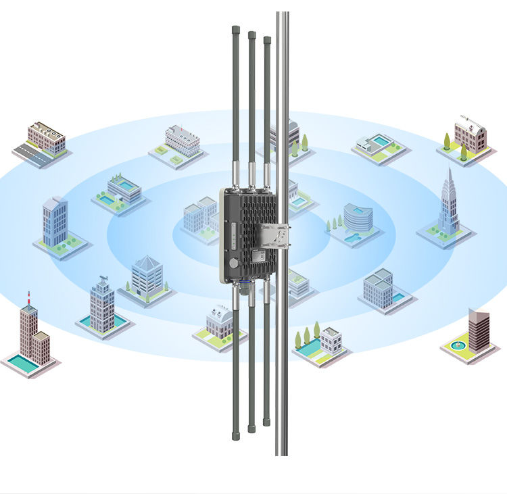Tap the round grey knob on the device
coord(233,262)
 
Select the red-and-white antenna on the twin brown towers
coord(29,298)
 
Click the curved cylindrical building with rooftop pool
coord(354,217)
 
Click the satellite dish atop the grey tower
coord(103,278)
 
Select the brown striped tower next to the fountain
coord(479,330)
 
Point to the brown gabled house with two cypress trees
coord(469,134)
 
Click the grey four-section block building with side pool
coord(378,289)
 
